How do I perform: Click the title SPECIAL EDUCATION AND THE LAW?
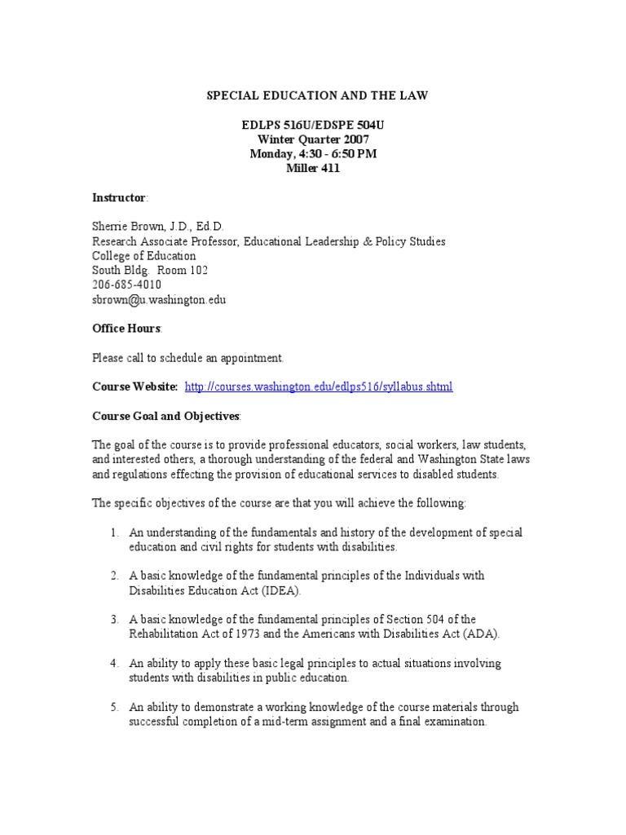315,96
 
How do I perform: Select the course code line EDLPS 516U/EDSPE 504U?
315,126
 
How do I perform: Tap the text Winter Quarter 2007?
315,139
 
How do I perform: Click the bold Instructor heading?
118,198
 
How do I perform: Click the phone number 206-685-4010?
126,285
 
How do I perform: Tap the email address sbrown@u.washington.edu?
158,299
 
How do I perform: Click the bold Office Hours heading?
126,328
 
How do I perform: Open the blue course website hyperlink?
319,387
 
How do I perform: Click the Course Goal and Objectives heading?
165,416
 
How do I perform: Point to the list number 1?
113,532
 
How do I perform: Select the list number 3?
113,620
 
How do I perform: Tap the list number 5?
113,707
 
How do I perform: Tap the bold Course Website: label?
134,387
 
